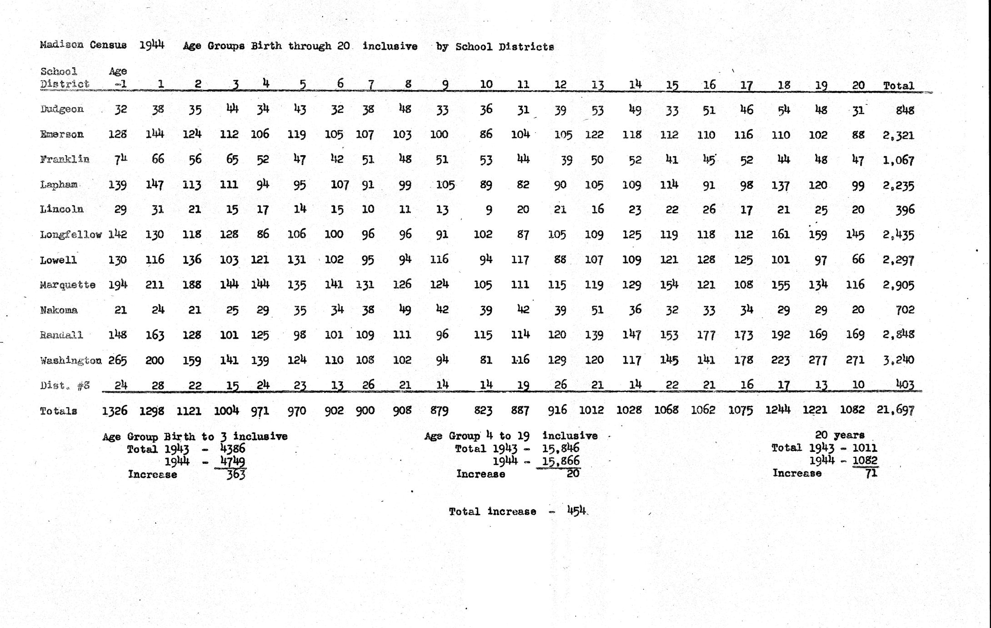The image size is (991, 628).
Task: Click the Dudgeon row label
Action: point(62,109)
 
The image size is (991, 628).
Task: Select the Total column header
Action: point(898,85)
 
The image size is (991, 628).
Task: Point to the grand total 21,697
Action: point(895,410)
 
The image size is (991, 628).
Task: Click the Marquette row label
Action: point(67,285)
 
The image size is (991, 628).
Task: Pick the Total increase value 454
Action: point(576,510)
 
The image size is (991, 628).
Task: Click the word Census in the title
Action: point(108,45)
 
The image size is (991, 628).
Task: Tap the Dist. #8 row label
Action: point(65,385)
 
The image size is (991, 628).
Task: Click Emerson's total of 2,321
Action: point(898,135)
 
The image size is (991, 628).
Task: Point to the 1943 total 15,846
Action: point(561,448)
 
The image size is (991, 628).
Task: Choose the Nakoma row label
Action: point(59,310)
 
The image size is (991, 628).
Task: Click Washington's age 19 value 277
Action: point(817,360)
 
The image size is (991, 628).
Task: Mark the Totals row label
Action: point(58,411)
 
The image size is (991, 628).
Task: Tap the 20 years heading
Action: point(840,435)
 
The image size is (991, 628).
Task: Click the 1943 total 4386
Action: point(232,449)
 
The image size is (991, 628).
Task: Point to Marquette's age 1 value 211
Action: point(155,285)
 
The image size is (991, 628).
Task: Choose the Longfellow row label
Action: point(70,235)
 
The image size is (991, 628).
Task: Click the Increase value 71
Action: point(871,473)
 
